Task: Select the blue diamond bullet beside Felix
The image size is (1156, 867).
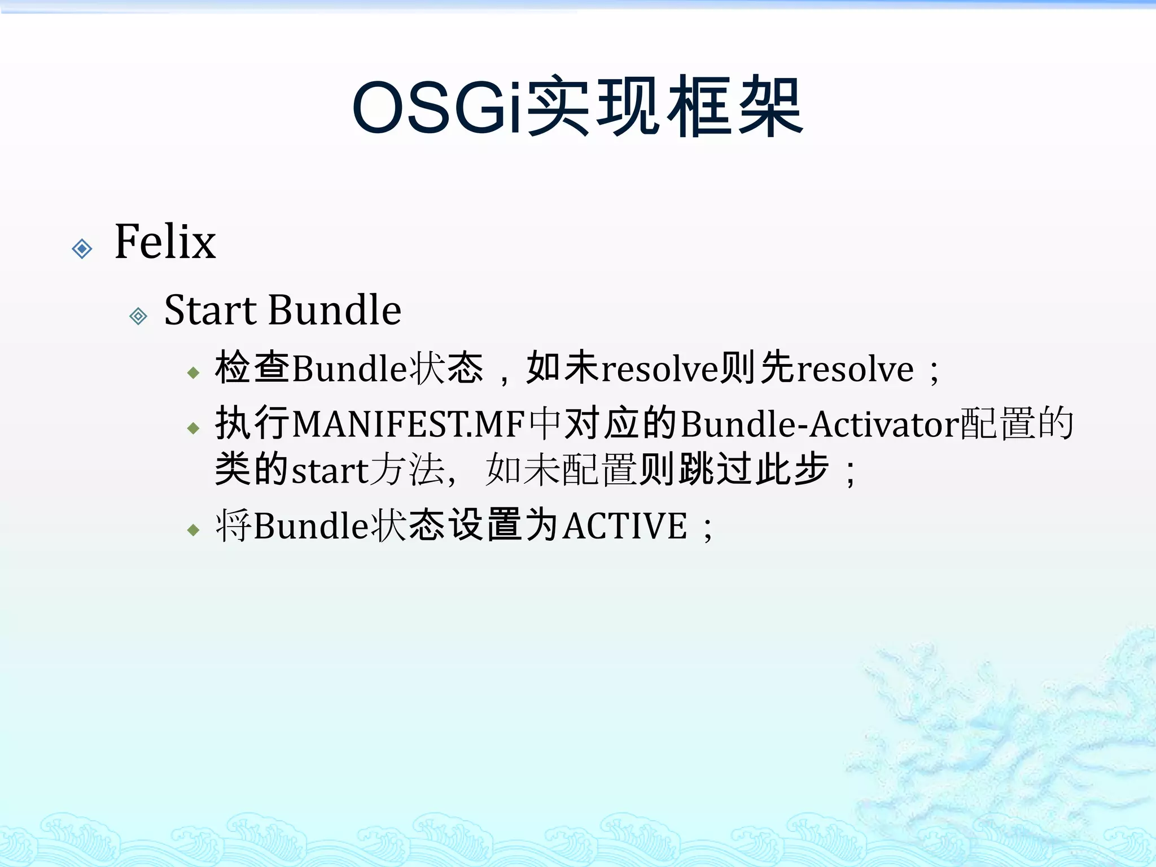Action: tap(82, 248)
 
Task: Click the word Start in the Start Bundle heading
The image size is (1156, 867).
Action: tap(211, 310)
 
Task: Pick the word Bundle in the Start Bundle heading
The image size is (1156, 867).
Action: tap(335, 310)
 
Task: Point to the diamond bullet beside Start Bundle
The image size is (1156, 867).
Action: tap(138, 316)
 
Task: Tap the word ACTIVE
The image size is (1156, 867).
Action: tap(625, 526)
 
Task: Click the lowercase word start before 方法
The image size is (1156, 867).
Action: tap(329, 470)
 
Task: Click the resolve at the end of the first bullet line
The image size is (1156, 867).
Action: tap(855, 369)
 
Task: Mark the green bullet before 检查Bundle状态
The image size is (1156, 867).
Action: tap(194, 373)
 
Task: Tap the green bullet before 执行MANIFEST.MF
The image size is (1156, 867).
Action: tap(194, 428)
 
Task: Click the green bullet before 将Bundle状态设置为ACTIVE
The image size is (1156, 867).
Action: tap(194, 530)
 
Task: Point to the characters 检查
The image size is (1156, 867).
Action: tap(252, 368)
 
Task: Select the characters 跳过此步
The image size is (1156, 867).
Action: tap(754, 469)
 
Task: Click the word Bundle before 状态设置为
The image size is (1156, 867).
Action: tap(311, 526)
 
